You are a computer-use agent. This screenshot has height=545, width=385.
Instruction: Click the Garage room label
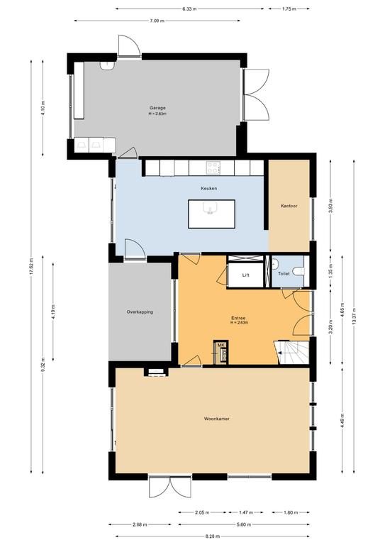pos(157,108)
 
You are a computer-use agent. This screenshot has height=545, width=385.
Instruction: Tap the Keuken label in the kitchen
pos(209,188)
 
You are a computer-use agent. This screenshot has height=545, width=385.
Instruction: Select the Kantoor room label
pos(289,206)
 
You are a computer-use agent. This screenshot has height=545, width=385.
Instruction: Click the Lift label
pos(246,275)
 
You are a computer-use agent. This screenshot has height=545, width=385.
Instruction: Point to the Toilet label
pos(284,274)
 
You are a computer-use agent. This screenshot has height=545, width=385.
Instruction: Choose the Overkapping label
pos(140,312)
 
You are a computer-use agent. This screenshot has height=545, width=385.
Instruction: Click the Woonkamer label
pos(217,419)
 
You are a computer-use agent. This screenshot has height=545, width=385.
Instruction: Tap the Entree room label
pos(238,318)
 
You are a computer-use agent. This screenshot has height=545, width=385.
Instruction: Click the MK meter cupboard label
pos(221,345)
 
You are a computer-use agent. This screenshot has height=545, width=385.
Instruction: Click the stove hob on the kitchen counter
pos(213,168)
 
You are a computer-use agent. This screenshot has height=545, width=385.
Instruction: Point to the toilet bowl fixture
pos(298,271)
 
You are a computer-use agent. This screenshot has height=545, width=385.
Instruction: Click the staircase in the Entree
pos(291,352)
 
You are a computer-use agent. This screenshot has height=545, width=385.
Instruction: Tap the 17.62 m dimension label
pos(31,267)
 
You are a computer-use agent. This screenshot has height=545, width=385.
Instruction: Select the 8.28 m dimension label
pos(212,536)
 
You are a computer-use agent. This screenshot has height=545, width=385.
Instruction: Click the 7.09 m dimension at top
pos(157,21)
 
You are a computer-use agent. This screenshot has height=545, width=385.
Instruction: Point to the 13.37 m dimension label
pos(354,316)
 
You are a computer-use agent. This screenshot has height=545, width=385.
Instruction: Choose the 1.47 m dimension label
pos(246,512)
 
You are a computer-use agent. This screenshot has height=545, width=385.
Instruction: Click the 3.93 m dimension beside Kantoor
pos(330,206)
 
